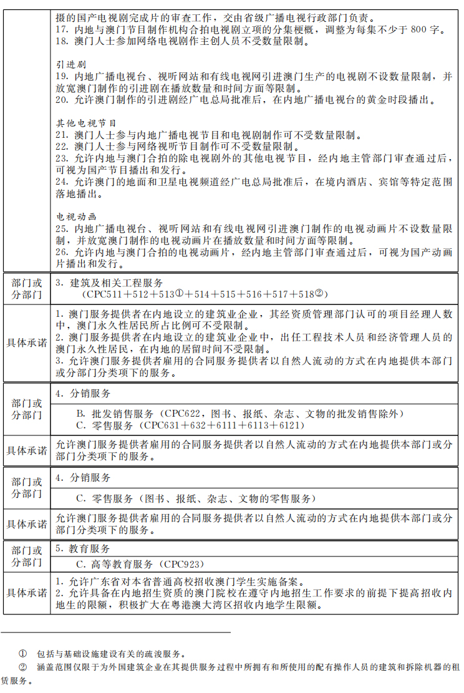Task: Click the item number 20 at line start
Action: (x=61, y=100)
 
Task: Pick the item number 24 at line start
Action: (x=61, y=182)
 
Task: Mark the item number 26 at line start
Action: (x=61, y=253)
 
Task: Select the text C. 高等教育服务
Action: (x=115, y=564)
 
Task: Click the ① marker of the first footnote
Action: (x=22, y=654)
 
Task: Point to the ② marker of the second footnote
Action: (x=22, y=667)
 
